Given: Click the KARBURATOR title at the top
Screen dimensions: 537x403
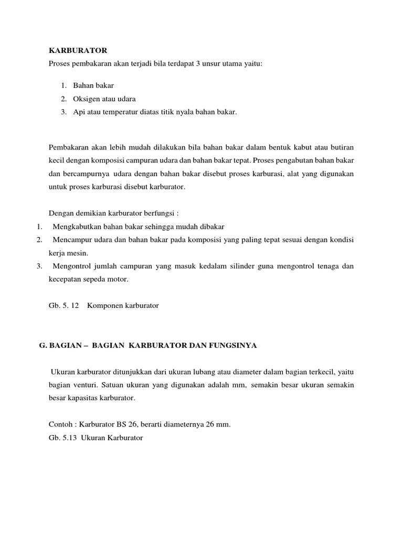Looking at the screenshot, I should click(78, 50).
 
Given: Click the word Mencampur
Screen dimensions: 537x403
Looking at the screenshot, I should click(70, 240).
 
